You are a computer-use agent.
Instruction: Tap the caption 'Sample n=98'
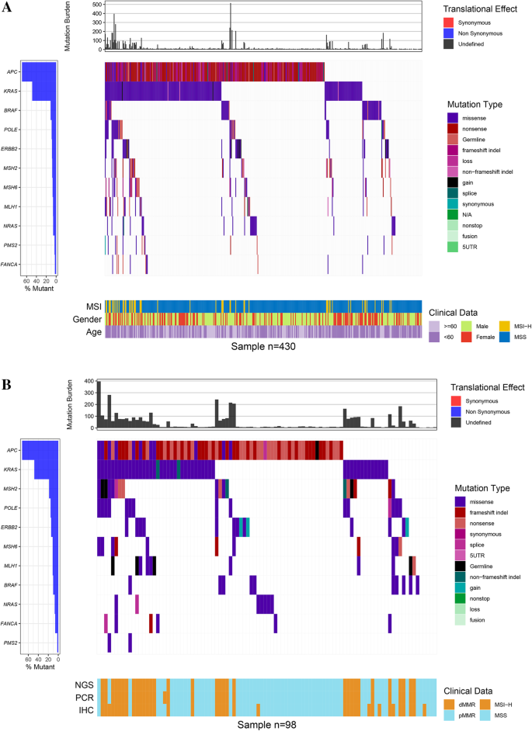tap(263, 722)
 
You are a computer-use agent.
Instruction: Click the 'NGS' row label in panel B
tap(83, 685)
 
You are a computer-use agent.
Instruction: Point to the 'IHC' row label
tap(85, 710)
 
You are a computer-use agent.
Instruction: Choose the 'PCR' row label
tap(84, 698)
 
